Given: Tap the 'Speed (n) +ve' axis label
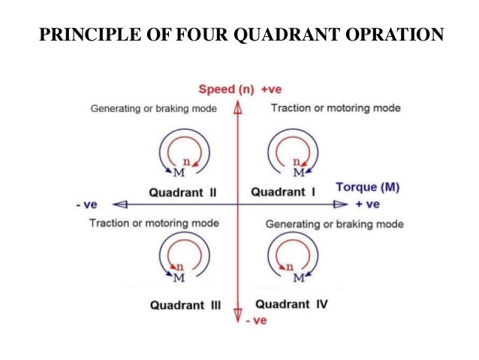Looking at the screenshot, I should click(x=239, y=89).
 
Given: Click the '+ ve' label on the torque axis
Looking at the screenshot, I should click(x=368, y=204).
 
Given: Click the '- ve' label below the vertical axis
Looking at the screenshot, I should click(x=256, y=320).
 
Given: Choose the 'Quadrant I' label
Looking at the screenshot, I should click(x=282, y=192).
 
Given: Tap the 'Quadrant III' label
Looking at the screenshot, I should click(x=185, y=305).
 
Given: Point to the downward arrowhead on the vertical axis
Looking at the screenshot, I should click(x=238, y=315).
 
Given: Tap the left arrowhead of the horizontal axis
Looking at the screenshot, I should click(x=120, y=204).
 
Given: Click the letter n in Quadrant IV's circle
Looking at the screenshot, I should click(x=290, y=266).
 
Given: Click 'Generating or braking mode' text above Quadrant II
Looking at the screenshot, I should click(x=154, y=108).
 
